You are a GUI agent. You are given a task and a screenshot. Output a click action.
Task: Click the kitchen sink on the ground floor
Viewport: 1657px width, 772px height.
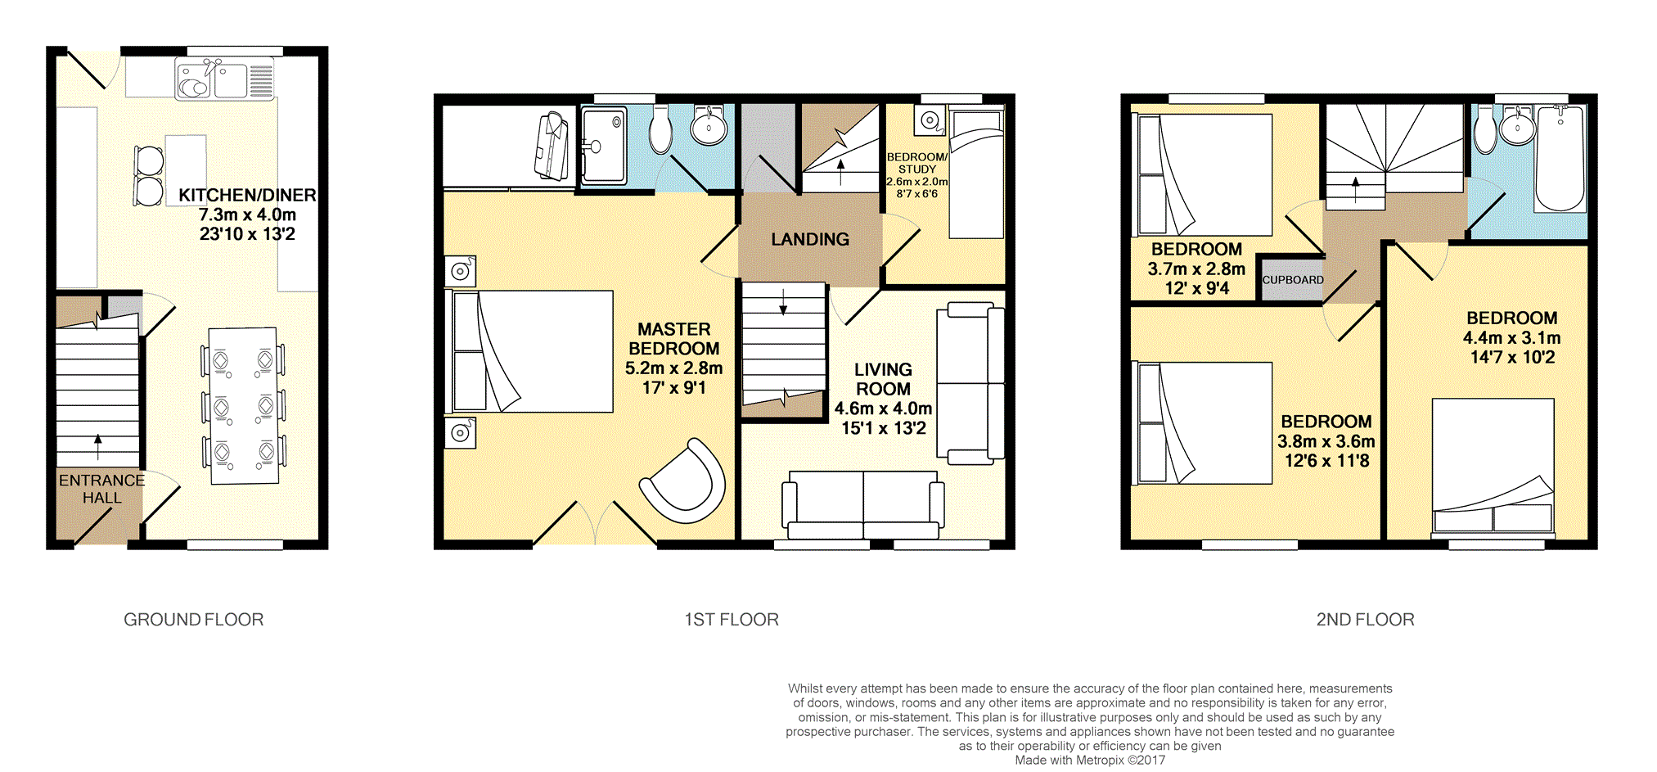225,79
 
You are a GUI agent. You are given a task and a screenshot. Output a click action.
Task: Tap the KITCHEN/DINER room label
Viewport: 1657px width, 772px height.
247,196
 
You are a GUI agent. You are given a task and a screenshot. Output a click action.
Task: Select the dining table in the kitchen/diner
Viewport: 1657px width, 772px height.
243,406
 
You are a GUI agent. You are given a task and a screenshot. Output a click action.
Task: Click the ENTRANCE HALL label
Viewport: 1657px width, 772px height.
101,489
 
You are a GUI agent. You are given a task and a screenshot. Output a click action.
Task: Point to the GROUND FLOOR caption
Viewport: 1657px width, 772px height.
194,620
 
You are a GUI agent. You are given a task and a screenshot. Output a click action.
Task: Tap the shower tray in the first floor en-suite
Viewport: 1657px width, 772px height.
604,146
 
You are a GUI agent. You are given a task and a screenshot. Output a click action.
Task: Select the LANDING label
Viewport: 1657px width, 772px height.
810,239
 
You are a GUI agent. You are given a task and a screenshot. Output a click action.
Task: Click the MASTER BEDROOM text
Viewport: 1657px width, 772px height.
674,339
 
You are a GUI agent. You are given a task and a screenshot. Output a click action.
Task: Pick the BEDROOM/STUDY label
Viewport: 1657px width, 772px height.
917,163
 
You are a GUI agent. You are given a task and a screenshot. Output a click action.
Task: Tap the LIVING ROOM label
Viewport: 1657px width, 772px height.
883,379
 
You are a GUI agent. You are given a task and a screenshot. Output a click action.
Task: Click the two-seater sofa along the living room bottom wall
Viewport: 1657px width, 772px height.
863,505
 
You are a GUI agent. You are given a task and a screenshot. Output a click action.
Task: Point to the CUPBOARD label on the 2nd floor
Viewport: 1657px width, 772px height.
1293,280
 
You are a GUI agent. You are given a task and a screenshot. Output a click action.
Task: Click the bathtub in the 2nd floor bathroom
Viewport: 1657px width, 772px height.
1560,158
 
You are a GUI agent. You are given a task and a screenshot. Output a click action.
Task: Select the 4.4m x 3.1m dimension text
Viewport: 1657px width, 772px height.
1512,338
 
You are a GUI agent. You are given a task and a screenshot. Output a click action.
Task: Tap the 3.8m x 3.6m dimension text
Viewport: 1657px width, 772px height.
1326,441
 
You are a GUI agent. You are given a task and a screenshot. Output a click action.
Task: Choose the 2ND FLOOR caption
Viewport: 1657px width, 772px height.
1366,620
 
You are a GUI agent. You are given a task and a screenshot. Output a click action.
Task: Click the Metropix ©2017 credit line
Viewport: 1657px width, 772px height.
1090,761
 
